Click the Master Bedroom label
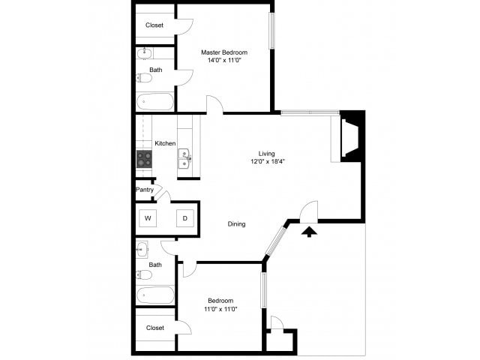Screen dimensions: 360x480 (223, 52)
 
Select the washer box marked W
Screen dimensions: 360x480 (148, 218)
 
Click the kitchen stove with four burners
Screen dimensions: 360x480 (144, 159)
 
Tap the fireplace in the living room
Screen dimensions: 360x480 (350, 137)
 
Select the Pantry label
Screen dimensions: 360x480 (145, 190)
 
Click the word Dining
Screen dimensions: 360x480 (237, 223)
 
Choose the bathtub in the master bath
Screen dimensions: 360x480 (155, 101)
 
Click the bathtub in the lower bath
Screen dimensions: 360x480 (155, 295)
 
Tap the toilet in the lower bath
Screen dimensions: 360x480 (144, 275)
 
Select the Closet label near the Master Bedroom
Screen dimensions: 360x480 (154, 25)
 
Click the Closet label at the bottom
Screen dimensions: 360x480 (155, 328)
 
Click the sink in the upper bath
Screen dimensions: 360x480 (144, 54)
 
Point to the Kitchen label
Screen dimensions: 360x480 (165, 143)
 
